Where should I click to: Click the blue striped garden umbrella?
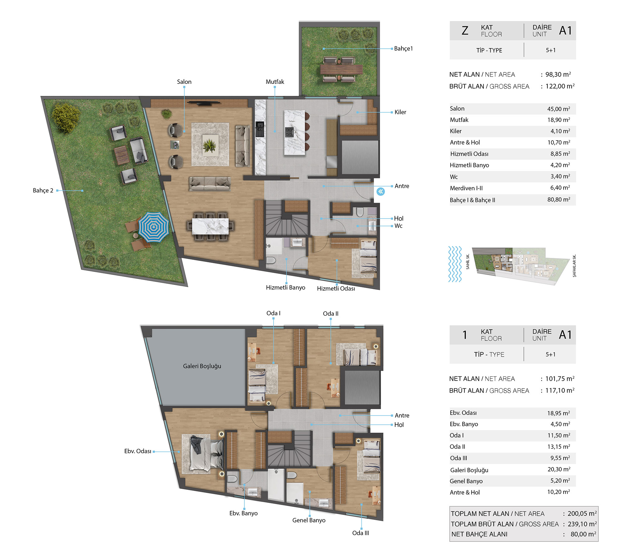(153, 227)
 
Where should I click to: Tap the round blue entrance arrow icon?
(380, 192)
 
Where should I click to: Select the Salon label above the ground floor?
(184, 82)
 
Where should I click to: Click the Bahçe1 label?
(403, 48)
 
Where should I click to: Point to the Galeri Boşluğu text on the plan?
(202, 366)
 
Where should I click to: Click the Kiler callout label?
(400, 112)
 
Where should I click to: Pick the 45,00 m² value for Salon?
(559, 109)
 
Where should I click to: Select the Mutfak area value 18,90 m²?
(559, 120)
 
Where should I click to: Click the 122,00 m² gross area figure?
(560, 86)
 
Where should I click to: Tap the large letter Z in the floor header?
(465, 30)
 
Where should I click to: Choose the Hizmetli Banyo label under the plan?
(285, 288)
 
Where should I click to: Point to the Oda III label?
(360, 533)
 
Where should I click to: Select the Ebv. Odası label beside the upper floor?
(138, 451)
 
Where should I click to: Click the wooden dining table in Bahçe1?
(341, 69)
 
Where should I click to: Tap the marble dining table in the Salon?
(210, 226)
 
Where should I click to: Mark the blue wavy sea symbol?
(455, 264)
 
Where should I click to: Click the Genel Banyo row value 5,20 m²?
(560, 480)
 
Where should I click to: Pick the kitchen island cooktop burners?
(289, 132)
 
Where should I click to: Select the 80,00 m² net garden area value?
(583, 534)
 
